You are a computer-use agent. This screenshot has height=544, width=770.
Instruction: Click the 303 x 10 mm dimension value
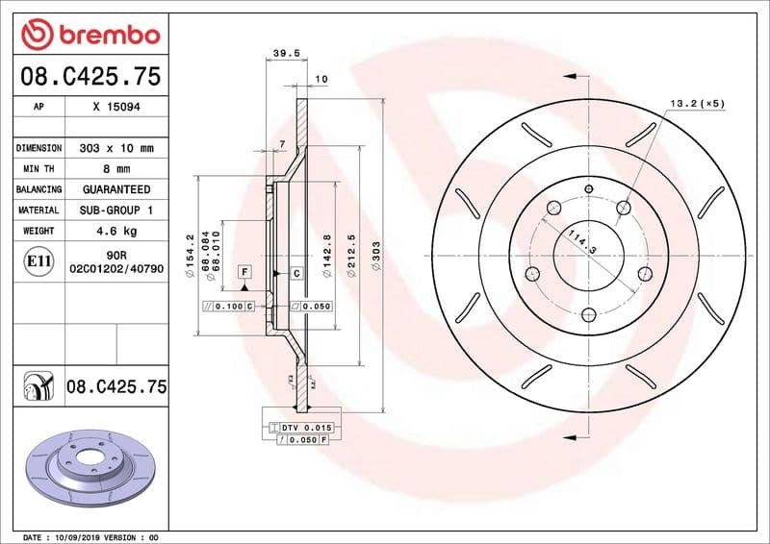click(116, 149)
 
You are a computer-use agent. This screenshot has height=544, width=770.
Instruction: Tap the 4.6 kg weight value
click(116, 231)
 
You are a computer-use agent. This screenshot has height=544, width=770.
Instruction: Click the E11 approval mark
click(39, 260)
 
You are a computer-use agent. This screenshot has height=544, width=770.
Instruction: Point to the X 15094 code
click(116, 107)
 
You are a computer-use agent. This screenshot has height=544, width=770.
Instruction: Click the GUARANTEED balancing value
click(116, 189)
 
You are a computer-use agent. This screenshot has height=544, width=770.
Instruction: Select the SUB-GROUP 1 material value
click(116, 210)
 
